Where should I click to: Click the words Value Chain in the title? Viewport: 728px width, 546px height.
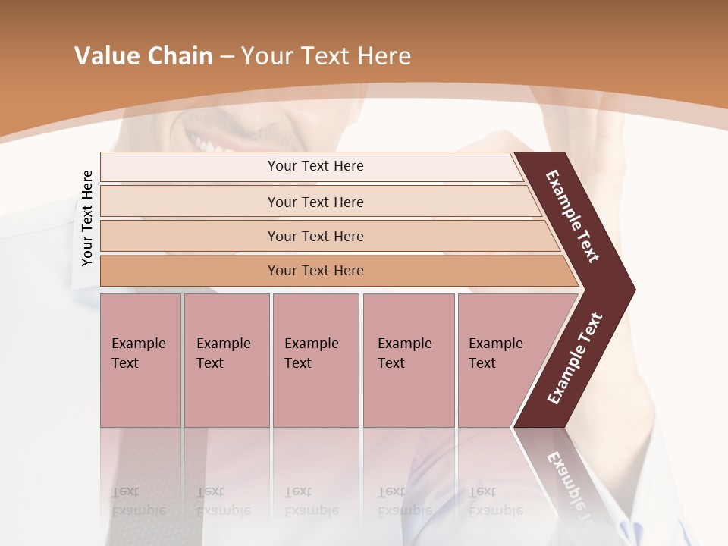[x=143, y=56]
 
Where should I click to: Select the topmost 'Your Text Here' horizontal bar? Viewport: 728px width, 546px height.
[x=315, y=166]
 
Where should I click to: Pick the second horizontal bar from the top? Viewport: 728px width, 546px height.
[x=315, y=202]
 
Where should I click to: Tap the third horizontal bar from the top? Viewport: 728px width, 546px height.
[x=315, y=236]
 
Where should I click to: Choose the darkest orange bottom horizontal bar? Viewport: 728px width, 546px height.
[x=315, y=271]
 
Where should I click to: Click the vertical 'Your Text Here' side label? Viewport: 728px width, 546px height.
[x=87, y=218]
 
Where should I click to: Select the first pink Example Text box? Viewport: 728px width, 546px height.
[x=140, y=360]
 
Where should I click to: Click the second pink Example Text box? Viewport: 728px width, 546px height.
[x=226, y=360]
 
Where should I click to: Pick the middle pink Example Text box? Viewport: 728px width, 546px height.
[x=315, y=360]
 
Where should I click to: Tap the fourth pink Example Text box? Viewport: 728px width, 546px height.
[x=409, y=360]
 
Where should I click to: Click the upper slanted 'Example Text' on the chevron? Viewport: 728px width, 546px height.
[x=573, y=216]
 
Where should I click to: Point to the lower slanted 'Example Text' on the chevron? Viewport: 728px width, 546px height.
[x=575, y=358]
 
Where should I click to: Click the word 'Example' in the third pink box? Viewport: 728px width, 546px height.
[x=311, y=344]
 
